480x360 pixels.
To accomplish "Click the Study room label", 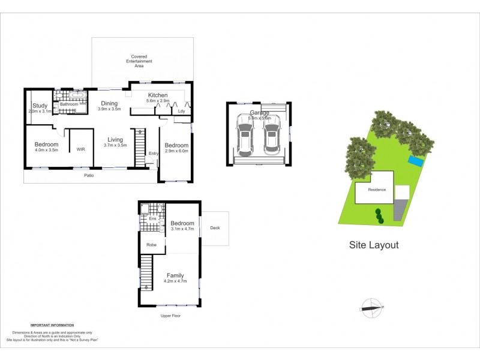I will tap(40, 106).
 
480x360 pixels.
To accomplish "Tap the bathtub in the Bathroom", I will tap(77, 95).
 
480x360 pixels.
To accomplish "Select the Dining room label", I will tap(109, 103).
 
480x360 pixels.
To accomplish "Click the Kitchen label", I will tap(157, 95).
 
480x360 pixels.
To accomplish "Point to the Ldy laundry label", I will tap(181, 111).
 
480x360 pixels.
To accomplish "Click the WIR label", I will tap(80, 148).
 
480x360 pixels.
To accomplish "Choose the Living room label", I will tap(115, 139).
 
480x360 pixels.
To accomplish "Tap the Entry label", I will tap(154, 153).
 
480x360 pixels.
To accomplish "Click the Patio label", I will tap(88, 176).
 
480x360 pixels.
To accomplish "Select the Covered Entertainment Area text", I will tap(139, 61).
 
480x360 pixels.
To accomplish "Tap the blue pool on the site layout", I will tap(415, 161).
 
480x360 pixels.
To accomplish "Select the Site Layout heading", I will tap(374, 245).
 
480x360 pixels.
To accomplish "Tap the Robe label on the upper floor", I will tap(151, 245).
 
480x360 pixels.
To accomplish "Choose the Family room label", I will tap(175, 276).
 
